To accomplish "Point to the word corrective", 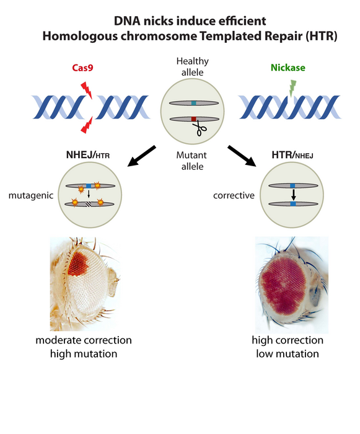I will pos(232,195).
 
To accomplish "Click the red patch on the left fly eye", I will pos(79,262).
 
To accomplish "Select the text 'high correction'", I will pos(287,340).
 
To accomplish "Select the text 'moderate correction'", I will pos(84,340).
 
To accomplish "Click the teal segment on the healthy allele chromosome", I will pos(194,103).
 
